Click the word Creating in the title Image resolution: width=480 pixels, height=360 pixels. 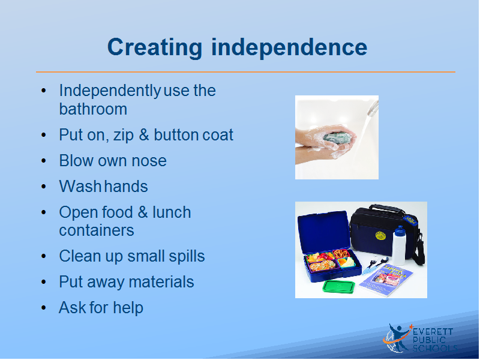(155, 48)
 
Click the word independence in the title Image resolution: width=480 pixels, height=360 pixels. (289, 47)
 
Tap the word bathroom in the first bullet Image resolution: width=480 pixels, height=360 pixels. (93, 109)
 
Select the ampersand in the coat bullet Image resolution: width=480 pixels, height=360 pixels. (144, 134)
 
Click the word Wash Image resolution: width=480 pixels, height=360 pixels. (80, 186)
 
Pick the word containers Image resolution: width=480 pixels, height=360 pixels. (97, 230)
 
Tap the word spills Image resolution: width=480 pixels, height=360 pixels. (187, 256)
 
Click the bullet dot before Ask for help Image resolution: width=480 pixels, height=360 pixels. (43, 308)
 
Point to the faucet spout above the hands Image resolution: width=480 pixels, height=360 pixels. (373, 109)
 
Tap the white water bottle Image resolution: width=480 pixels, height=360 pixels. (398, 245)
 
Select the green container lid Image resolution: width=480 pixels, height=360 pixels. (339, 286)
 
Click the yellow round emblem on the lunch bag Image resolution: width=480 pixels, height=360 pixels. (380, 235)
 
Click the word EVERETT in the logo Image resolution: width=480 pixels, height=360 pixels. (433, 332)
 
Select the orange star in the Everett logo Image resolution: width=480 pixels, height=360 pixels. (411, 327)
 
